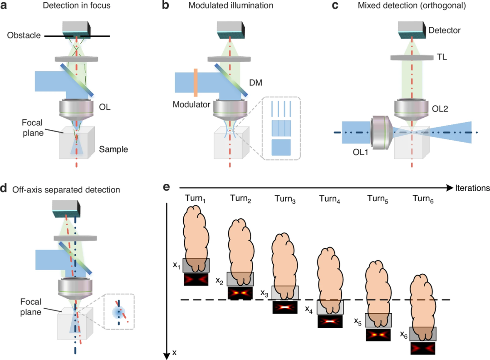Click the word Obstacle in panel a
coord(24,35)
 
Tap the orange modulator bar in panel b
coord(196,83)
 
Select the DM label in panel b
coord(255,83)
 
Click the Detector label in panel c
coord(444,30)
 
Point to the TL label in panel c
coord(442,57)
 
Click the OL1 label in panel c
coord(360,152)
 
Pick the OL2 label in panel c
coord(440,109)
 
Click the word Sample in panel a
coord(113,149)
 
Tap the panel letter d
coord(4,188)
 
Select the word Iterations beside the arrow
coord(472,188)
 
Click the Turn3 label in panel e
coord(285,199)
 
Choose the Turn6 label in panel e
coord(423,198)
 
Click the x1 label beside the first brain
coord(176,265)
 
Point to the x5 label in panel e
coord(358,321)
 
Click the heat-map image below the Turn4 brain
coord(330,321)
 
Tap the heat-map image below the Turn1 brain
coord(196,279)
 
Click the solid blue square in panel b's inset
coord(281,148)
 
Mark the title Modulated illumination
coord(230,5)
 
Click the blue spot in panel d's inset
coord(119,312)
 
